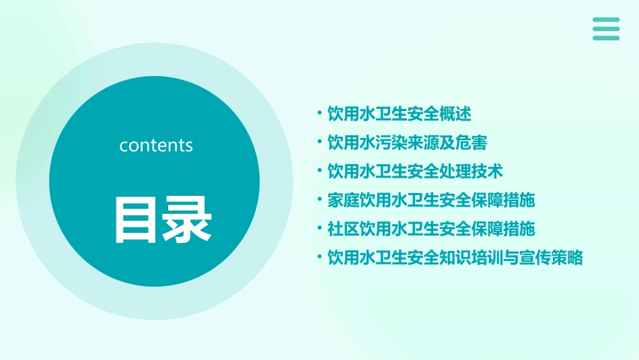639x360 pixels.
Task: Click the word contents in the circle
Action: pos(156,145)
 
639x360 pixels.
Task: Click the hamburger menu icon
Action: pos(606,29)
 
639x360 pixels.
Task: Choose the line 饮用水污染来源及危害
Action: pos(406,143)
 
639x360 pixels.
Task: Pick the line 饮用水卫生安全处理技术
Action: pos(414,171)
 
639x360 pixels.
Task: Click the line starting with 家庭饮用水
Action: pos(430,200)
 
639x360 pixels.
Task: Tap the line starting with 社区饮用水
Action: pos(430,229)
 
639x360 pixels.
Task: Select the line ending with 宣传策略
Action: pos(455,258)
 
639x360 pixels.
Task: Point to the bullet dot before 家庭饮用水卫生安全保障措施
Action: pos(319,200)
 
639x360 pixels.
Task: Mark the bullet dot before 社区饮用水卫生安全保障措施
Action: pos(319,229)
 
